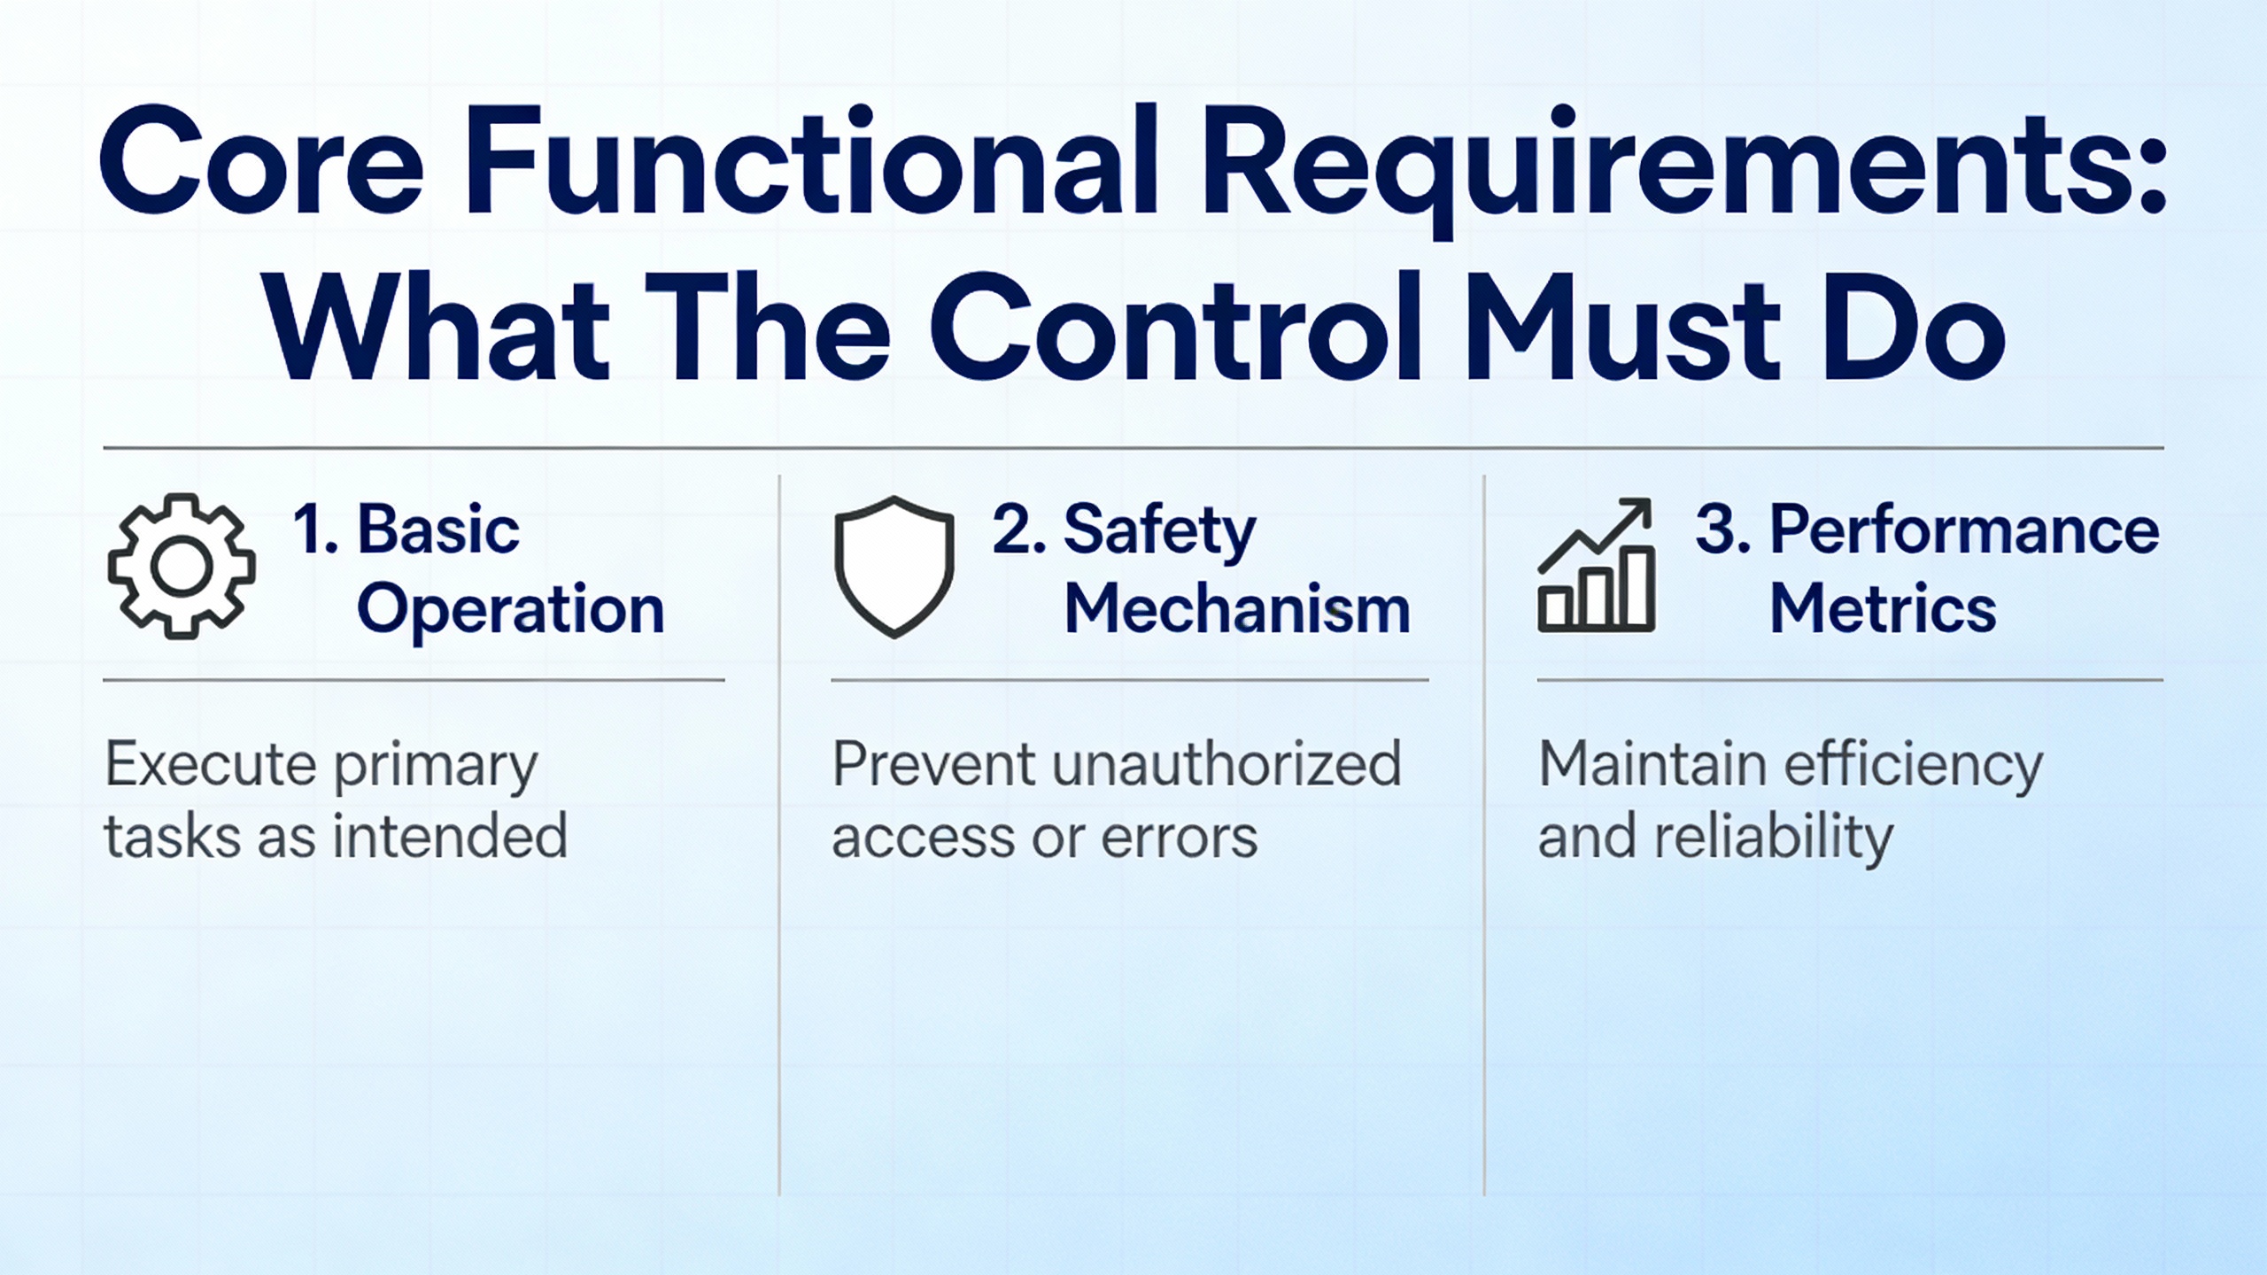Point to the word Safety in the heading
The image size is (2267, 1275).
(x=1159, y=530)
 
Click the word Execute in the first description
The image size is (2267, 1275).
(x=211, y=764)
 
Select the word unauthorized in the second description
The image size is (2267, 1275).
(x=1226, y=764)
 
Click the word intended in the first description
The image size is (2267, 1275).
(x=449, y=837)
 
